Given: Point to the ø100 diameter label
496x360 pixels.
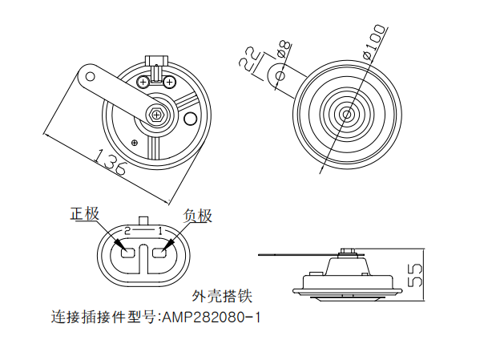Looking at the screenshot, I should coord(375,42).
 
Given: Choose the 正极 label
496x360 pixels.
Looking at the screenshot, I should coord(85,214).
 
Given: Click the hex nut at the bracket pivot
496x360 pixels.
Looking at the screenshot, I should coord(155,113).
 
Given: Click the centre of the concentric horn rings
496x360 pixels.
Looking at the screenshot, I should coord(345,113).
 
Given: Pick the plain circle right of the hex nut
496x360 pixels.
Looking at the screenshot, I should coord(191,119).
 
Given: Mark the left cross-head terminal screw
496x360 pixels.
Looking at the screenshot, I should coord(143,82).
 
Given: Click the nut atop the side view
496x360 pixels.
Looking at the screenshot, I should coord(346,255).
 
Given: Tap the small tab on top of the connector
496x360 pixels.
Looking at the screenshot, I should coord(143,220).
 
